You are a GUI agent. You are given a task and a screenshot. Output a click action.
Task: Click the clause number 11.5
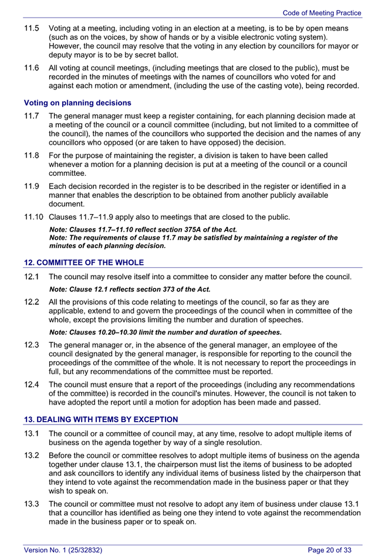32,28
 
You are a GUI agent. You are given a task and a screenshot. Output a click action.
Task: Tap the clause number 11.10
33,218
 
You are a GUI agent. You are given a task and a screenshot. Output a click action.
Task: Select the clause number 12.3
32,345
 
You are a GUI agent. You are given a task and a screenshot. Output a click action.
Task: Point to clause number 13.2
32,456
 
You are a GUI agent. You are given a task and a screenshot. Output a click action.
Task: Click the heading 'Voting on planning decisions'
77,103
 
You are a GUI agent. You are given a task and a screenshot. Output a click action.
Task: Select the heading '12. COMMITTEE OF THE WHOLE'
83,262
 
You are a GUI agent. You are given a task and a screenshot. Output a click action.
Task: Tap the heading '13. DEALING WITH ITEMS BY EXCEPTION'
100,419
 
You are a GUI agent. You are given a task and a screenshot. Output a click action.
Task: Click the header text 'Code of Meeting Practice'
322,13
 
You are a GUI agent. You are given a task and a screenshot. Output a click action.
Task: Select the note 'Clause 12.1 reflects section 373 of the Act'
130,289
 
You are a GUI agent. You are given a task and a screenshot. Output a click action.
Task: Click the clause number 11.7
32,116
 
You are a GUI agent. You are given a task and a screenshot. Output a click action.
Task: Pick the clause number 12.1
32,277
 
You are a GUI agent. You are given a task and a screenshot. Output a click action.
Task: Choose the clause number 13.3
32,503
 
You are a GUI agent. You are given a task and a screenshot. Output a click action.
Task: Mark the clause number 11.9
32,186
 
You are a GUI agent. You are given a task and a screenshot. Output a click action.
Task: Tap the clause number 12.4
32,385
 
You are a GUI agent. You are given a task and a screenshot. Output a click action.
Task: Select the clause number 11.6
32,68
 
